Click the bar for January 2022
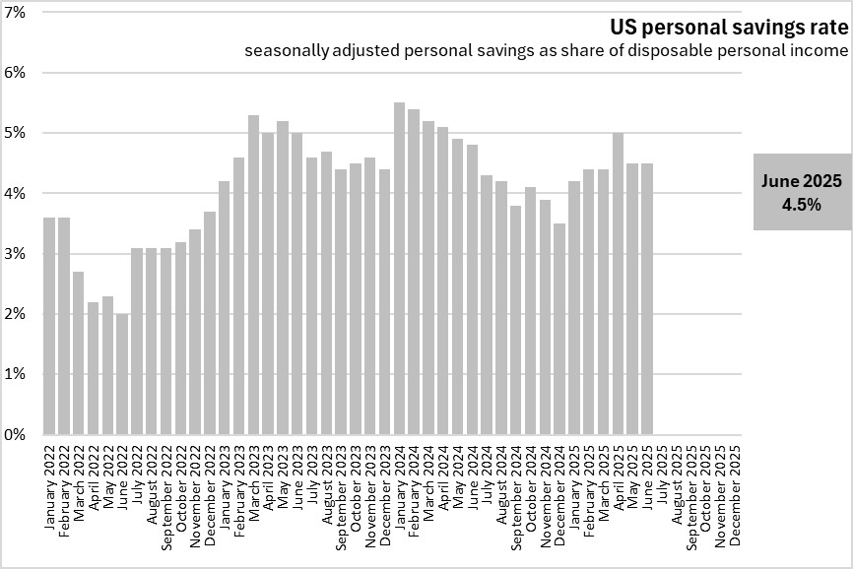pos(49,326)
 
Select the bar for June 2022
pos(122,374)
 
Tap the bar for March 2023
pos(253,275)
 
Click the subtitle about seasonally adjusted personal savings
pos(547,50)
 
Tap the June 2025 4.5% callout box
pos(803,192)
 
